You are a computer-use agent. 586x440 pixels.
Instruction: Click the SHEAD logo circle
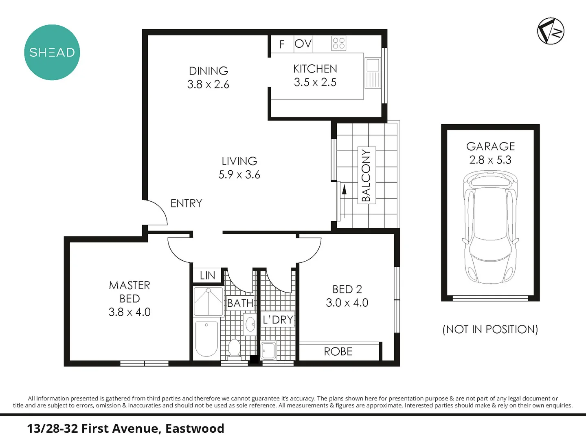click(52, 52)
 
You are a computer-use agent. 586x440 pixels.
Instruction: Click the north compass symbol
click(551, 31)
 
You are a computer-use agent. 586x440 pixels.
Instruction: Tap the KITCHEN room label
click(315, 69)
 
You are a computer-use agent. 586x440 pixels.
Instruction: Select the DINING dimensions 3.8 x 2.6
click(208, 84)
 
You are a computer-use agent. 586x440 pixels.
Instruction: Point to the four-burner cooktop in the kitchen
click(339, 43)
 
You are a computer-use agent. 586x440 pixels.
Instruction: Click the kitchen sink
click(372, 66)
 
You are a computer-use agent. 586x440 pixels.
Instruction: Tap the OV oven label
click(303, 44)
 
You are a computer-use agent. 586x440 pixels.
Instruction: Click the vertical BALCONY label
click(366, 175)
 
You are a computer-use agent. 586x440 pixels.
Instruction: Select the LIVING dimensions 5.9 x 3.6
click(239, 175)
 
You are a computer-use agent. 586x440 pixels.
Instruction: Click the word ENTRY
click(186, 203)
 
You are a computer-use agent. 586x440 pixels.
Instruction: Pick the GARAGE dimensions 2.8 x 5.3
click(490, 160)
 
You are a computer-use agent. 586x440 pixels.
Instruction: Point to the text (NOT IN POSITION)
click(490, 329)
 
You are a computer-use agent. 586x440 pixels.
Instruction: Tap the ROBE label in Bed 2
click(338, 352)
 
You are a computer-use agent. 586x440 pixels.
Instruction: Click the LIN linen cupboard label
click(207, 275)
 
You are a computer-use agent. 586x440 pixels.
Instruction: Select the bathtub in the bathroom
click(206, 339)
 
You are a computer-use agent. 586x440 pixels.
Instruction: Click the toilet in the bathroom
click(234, 349)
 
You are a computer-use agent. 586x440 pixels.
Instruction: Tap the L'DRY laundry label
click(278, 320)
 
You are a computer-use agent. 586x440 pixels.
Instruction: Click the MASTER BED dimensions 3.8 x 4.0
click(129, 312)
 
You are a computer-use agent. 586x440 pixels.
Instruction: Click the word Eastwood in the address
click(195, 429)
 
